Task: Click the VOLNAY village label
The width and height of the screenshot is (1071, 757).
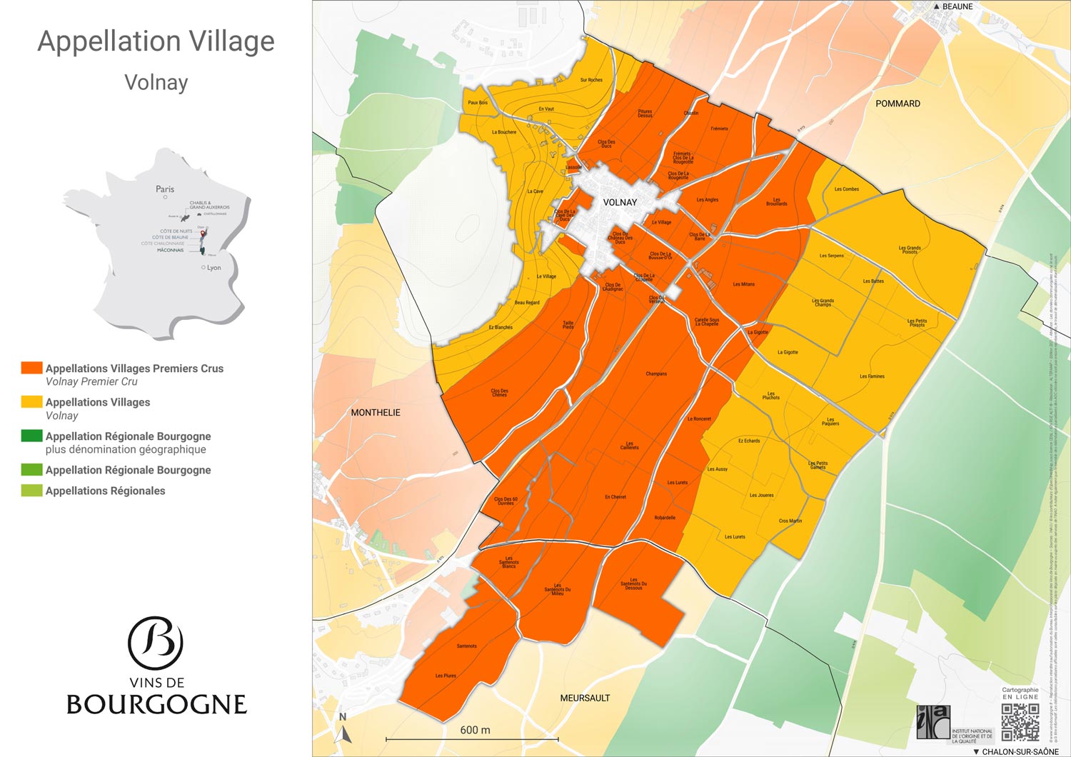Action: [620, 202]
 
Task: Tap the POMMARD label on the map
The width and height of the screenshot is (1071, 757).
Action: [897, 104]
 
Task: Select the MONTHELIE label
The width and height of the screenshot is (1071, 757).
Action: [376, 413]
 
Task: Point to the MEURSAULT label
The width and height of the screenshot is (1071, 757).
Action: [585, 698]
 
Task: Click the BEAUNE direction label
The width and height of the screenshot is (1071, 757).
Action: [957, 6]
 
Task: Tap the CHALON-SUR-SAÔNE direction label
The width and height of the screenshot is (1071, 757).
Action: [1020, 751]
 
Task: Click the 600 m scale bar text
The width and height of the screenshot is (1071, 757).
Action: [475, 730]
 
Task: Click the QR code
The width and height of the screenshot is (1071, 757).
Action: [1020, 722]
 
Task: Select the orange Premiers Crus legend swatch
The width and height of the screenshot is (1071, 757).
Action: [31, 368]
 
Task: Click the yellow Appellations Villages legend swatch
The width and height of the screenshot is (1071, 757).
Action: [31, 402]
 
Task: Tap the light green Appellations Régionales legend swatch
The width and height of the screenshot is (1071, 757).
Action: [31, 491]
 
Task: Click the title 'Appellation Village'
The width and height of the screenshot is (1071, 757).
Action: [156, 41]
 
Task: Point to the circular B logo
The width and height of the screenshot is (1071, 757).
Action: [156, 643]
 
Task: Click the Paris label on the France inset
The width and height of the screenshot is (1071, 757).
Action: [165, 189]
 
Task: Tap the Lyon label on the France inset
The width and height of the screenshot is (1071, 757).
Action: [213, 268]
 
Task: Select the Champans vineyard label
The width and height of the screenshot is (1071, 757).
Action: [656, 374]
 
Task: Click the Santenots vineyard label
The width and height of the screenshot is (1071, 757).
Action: [466, 646]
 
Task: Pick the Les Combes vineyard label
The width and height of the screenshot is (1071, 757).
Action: [847, 189]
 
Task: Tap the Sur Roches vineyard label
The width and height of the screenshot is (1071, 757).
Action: [591, 80]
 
